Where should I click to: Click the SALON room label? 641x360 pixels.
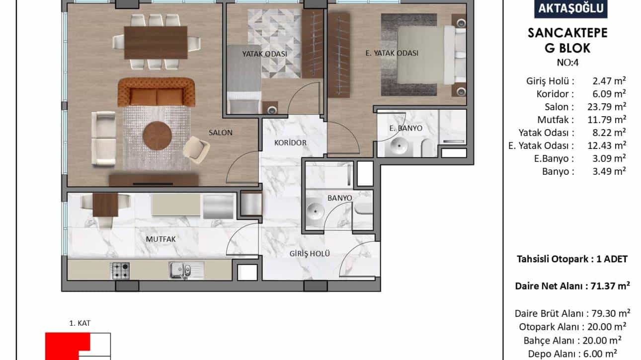pyautogui.click(x=220, y=133)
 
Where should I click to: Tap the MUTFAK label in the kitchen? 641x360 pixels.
pyautogui.click(x=160, y=239)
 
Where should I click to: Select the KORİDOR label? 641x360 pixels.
pyautogui.click(x=290, y=143)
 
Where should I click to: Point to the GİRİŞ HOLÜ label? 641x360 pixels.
pyautogui.click(x=310, y=253)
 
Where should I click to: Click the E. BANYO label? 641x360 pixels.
pyautogui.click(x=406, y=128)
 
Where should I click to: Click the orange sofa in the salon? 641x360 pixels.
pyautogui.click(x=156, y=92)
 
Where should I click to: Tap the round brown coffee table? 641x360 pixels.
pyautogui.click(x=157, y=136)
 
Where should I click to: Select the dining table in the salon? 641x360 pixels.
pyautogui.click(x=156, y=42)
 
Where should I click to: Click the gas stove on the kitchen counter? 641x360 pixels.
pyautogui.click(x=120, y=271)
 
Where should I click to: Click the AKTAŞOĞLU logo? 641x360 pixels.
pyautogui.click(x=571, y=8)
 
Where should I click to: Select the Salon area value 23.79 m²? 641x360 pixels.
pyautogui.click(x=607, y=107)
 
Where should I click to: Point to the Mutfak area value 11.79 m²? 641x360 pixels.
pyautogui.click(x=607, y=120)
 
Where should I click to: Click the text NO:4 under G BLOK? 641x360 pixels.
pyautogui.click(x=568, y=63)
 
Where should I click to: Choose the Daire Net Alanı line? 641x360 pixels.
pyautogui.click(x=572, y=286)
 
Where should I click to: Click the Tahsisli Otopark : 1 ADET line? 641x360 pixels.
pyautogui.click(x=572, y=259)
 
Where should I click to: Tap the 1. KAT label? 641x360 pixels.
pyautogui.click(x=80, y=323)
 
